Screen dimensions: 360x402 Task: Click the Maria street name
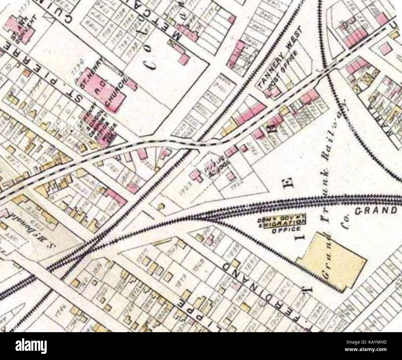pyautogui.click(x=389, y=124)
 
